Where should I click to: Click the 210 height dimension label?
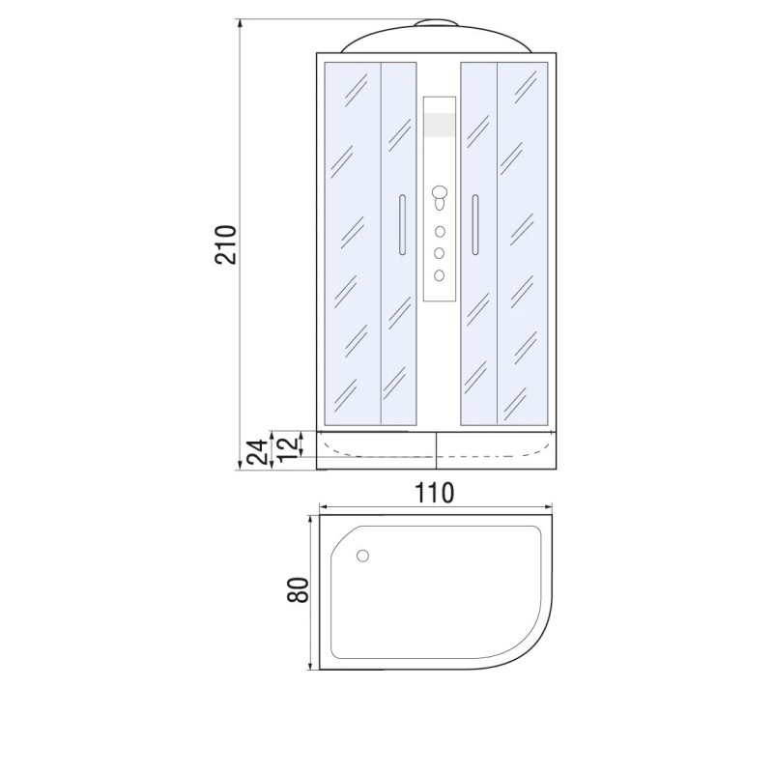pos(226,245)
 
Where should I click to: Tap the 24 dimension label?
pos(259,451)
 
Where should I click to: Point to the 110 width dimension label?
pos(434,493)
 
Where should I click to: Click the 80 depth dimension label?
pos(298,589)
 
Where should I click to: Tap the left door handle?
pos(402,225)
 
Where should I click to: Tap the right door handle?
pos(475,225)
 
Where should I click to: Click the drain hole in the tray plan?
pos(362,557)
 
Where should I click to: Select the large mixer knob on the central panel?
pos(439,191)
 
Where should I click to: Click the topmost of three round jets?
pos(440,231)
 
